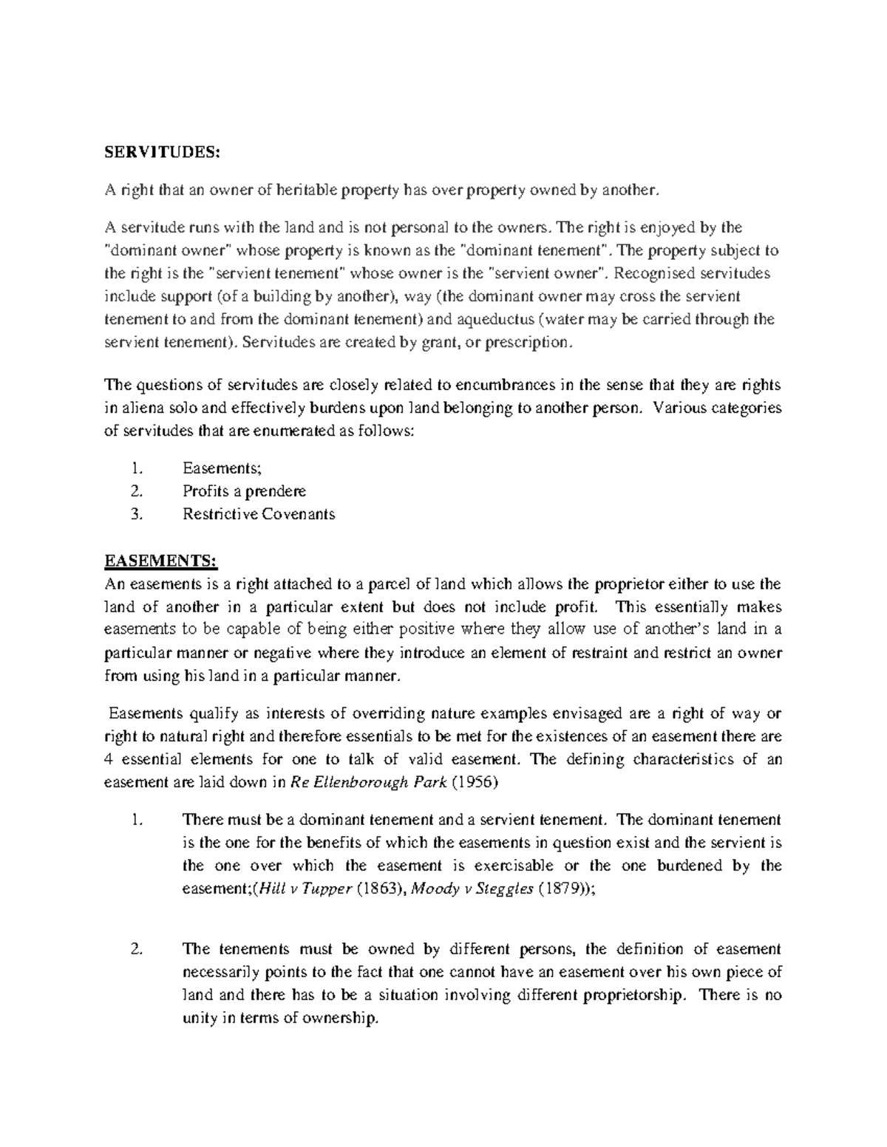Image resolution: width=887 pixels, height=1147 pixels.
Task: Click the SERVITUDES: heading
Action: click(162, 152)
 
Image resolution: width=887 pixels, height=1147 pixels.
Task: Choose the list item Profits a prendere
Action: click(244, 491)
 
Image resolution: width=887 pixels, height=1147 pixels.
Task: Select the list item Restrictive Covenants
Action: click(259, 514)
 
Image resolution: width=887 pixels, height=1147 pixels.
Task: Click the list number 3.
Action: click(135, 514)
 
